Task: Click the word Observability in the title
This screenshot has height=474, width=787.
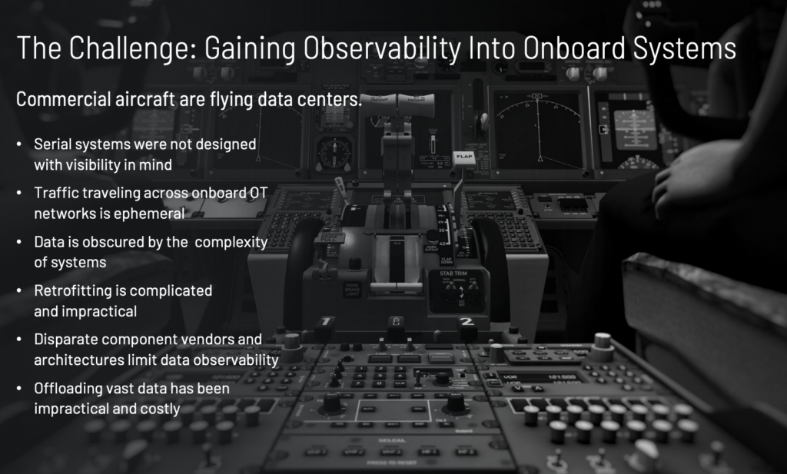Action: tap(382, 48)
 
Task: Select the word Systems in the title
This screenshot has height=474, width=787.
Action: tap(684, 48)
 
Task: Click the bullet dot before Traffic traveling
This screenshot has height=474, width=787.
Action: tap(19, 193)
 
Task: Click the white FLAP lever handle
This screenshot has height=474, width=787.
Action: tap(463, 157)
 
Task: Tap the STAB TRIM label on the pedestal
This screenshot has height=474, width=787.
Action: tap(453, 273)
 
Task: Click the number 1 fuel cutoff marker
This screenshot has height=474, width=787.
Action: tap(326, 321)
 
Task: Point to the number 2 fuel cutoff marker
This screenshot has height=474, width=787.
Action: tap(467, 321)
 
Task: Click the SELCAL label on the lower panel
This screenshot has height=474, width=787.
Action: tap(392, 440)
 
